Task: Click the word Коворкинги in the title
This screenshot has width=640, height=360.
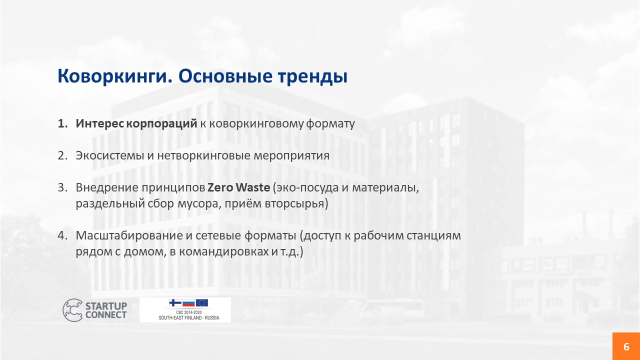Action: click(x=115, y=76)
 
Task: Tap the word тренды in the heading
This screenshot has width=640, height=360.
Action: click(x=312, y=77)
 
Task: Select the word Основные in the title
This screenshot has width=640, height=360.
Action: click(x=225, y=76)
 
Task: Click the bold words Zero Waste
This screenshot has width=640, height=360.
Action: click(x=238, y=187)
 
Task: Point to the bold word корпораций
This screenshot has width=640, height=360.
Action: click(x=161, y=123)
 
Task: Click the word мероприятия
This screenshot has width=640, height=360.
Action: click(x=291, y=156)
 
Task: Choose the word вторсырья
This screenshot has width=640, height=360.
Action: click(x=296, y=204)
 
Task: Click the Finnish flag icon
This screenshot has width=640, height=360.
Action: click(x=175, y=303)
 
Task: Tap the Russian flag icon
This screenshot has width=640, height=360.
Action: click(x=188, y=303)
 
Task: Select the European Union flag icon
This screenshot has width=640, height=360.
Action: click(x=202, y=303)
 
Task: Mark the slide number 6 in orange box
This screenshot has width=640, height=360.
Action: click(x=626, y=346)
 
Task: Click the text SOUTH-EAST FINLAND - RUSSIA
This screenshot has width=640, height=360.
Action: click(x=189, y=317)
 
